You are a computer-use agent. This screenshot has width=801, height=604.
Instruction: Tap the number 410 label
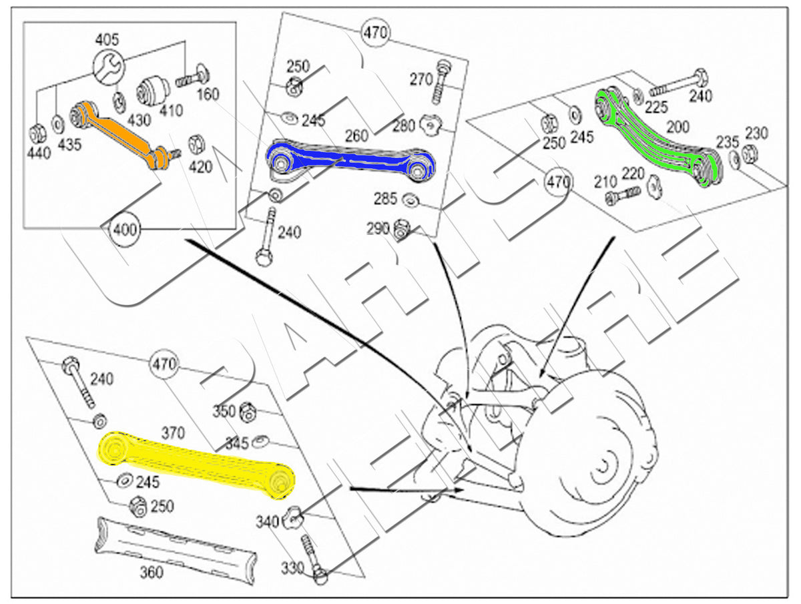click(x=172, y=111)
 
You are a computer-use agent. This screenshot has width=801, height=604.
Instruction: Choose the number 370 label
click(x=173, y=434)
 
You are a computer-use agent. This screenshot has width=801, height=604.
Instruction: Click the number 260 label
click(x=356, y=135)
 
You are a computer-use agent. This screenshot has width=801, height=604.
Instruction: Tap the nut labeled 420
click(x=197, y=142)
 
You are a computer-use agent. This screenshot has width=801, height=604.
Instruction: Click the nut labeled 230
click(x=750, y=153)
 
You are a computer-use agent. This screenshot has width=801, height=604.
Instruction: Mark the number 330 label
click(x=292, y=568)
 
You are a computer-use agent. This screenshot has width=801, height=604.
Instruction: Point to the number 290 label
click(x=377, y=229)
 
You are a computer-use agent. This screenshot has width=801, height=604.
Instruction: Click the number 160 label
click(x=208, y=95)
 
